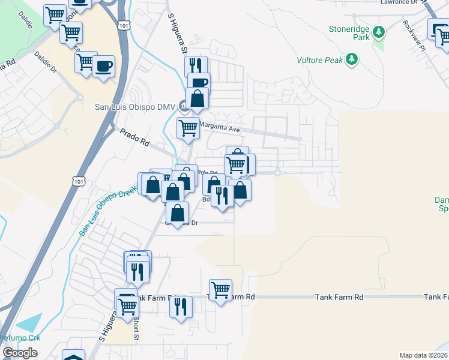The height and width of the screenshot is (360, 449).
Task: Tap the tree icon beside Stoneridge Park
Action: [379, 31]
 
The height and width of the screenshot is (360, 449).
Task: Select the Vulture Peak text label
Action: [319, 60]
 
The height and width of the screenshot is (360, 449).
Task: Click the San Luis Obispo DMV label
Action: [135, 107]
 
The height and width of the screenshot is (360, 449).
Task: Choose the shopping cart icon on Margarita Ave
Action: [188, 128]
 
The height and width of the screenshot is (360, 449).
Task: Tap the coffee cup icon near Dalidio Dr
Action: [104, 66]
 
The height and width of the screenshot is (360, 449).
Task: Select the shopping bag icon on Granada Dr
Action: [178, 213]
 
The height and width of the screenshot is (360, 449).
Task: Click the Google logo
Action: [20, 353]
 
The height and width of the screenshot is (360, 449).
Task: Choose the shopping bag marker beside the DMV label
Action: [197, 98]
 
